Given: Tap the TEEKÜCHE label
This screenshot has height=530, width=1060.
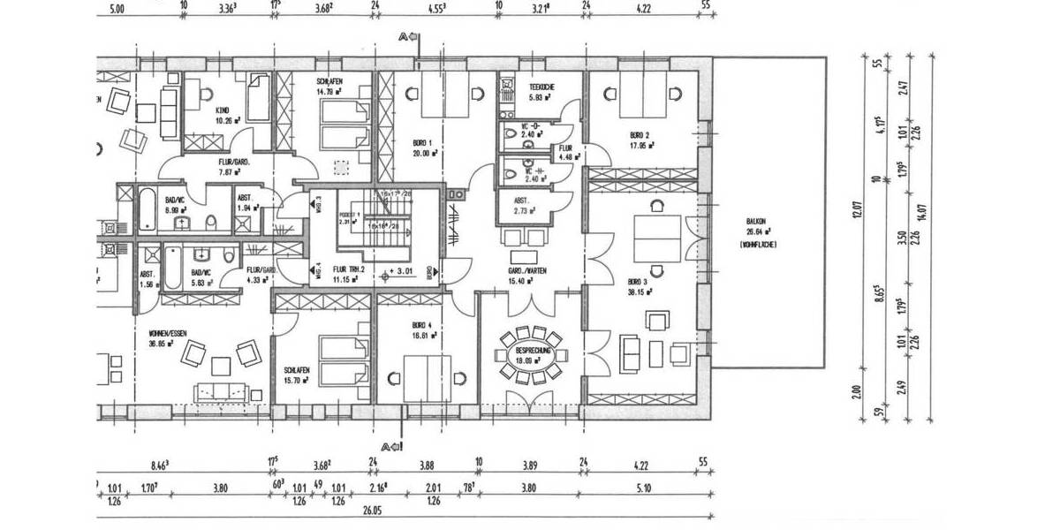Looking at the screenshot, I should pyautogui.click(x=541, y=87).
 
